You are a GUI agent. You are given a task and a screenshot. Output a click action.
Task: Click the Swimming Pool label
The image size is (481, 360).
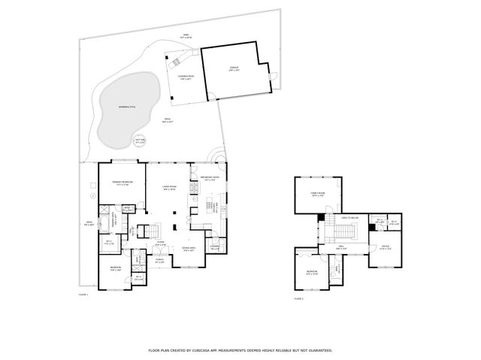127,107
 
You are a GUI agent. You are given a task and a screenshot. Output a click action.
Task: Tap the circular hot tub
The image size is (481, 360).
140,140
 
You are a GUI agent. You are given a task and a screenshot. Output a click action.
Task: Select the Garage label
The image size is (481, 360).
234,68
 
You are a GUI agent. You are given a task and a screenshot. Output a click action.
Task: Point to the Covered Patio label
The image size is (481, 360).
185,77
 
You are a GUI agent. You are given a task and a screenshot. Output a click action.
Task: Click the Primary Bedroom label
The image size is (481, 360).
123,183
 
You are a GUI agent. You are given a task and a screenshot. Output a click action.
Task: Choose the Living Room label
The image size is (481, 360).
171,188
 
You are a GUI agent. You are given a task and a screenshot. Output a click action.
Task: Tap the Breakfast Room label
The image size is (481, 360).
208,178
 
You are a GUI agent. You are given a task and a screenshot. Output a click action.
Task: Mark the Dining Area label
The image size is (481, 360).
189,249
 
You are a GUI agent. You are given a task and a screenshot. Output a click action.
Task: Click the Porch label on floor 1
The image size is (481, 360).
159,260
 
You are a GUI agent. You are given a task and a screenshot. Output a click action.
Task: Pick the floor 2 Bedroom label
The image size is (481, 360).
312,272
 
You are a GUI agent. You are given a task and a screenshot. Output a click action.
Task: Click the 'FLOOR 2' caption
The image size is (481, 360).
298,299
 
